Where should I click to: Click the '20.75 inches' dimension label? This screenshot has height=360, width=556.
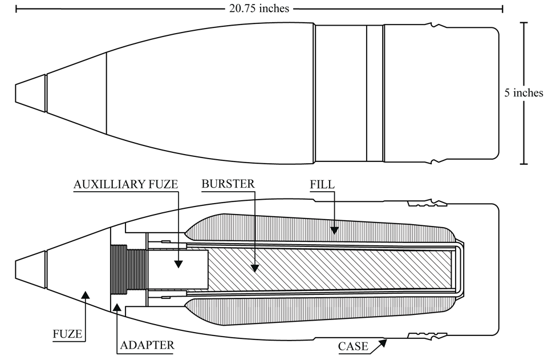pos(259,8)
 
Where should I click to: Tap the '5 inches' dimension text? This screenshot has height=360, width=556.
pos(523,93)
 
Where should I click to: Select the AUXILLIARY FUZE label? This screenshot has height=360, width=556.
pos(125,184)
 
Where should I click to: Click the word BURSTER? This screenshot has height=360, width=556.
pos(228,184)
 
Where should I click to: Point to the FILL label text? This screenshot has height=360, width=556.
pos(322,184)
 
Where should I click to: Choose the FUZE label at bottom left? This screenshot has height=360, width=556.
pos(67,334)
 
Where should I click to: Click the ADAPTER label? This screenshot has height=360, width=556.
pos(147,345)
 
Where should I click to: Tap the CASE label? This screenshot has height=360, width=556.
pos(353,346)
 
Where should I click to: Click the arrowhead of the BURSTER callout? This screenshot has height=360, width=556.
pos(254,268)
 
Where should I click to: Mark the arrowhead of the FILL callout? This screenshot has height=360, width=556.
pos(334,230)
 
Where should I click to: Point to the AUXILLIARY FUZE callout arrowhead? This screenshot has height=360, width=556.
pos(178,264)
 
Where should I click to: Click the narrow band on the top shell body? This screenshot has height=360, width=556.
pos(375,94)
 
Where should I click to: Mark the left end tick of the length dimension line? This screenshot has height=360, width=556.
pos(16,9)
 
